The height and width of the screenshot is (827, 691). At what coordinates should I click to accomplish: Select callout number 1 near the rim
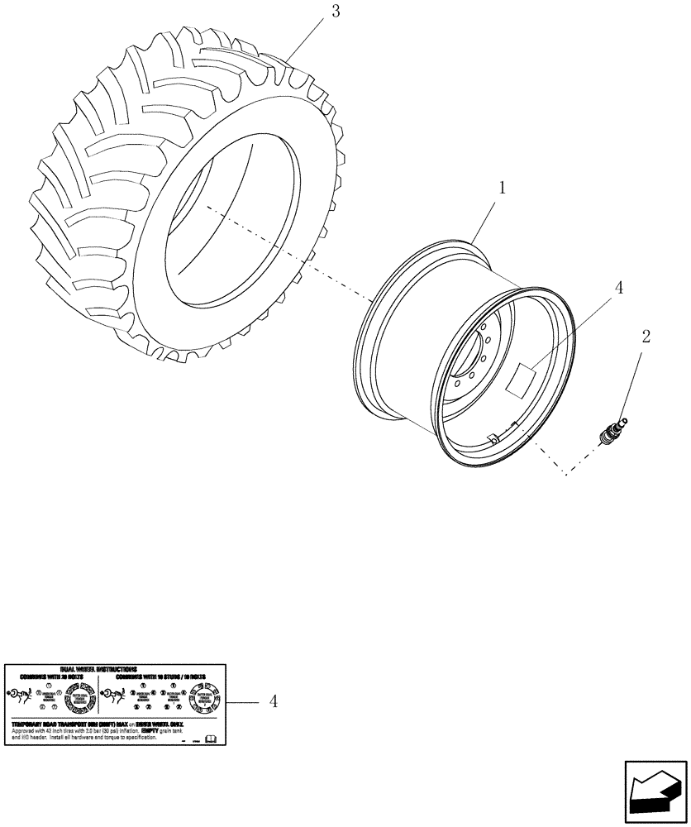[502, 187]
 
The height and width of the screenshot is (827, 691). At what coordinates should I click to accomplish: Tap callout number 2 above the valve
[646, 337]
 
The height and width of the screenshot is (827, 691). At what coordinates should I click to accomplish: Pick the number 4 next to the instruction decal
[272, 701]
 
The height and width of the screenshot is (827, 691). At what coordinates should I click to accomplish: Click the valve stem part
[612, 430]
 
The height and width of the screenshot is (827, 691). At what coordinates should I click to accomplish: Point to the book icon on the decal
[210, 737]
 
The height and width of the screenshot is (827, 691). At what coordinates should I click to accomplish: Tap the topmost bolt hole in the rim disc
[481, 328]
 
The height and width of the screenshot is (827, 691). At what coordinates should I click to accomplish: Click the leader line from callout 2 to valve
[632, 380]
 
